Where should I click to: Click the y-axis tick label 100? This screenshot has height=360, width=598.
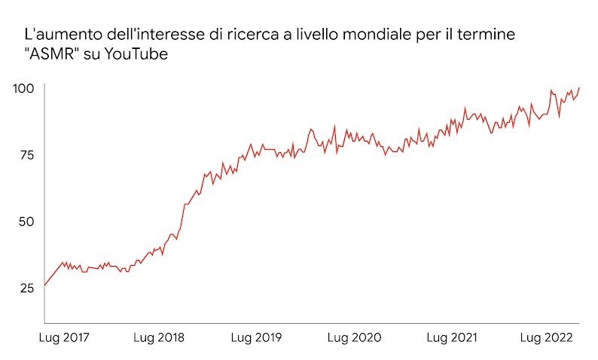coord(24,89)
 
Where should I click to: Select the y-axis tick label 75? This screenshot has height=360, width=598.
coord(26,155)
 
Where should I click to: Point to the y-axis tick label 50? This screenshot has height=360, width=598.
coord(26,221)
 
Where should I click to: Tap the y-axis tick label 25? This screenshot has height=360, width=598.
coord(26,288)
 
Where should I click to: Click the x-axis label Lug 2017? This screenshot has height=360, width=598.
coord(63,338)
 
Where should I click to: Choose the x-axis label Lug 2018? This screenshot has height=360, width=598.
coord(159,338)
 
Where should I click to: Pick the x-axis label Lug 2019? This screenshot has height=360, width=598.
coord(256,338)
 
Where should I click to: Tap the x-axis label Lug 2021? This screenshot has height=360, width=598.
coord(452,338)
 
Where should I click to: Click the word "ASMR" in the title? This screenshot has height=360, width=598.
coord(53,55)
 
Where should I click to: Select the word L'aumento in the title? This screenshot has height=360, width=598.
coord(57,35)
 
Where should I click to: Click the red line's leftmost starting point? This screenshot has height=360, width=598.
coord(44,285)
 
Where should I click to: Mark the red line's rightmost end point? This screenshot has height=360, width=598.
coord(579,87)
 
